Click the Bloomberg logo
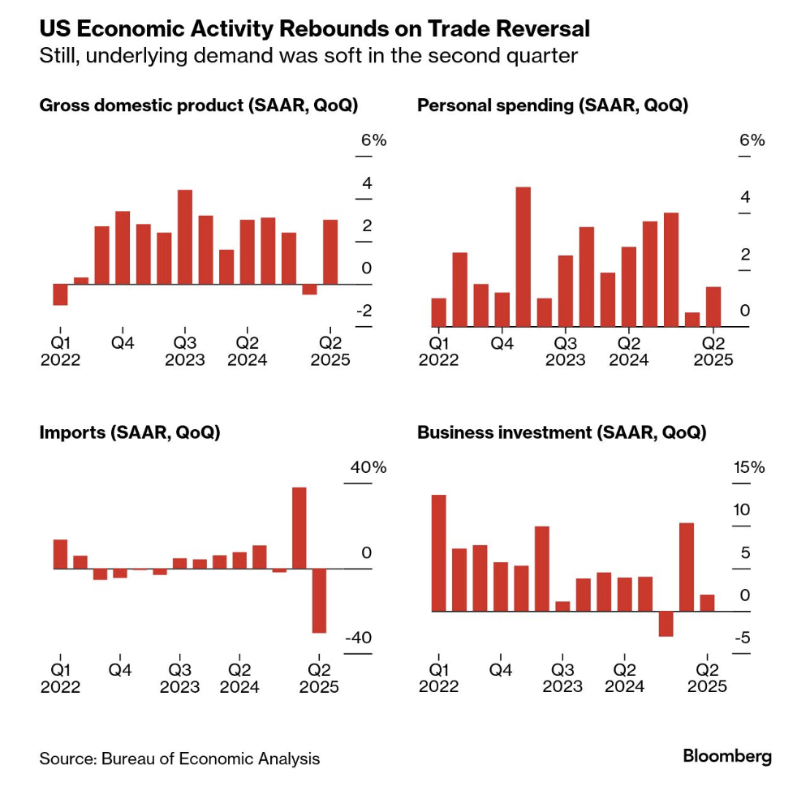pos(726,756)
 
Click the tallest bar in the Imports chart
pos(299,527)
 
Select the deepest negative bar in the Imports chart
pos(319,600)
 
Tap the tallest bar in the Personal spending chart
pos(523,256)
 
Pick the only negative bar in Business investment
pos(666,623)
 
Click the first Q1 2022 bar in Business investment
pos(438,552)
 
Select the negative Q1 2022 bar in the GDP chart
pos(60,294)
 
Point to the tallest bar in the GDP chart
pos(184,237)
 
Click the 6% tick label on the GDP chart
pos(373,140)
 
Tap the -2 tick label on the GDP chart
pos(367,312)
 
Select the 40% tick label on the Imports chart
pos(368,468)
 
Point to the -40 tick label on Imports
pos(359,638)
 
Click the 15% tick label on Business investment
pos(748,468)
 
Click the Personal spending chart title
pos(552,105)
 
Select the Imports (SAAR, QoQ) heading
pos(130,433)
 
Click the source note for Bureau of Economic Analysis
pos(179,759)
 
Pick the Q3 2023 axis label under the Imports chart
pos(179,679)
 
